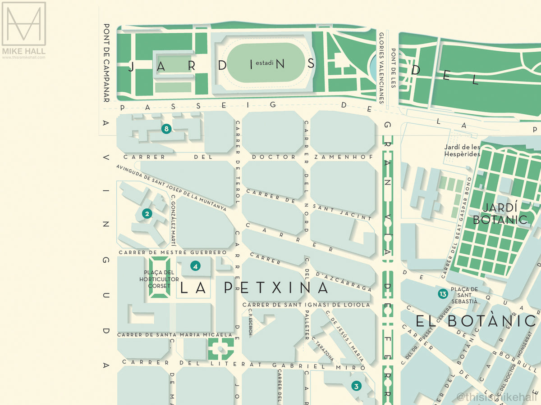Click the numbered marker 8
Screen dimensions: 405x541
(x=166, y=129)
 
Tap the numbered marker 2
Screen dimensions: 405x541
(x=147, y=214)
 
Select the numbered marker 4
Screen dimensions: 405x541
(x=195, y=266)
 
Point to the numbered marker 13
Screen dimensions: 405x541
(x=443, y=294)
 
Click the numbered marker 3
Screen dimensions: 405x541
(x=356, y=386)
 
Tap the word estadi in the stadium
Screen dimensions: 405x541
(x=265, y=63)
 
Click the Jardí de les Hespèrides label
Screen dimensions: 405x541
(x=462, y=150)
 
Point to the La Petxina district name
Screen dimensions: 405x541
(x=255, y=288)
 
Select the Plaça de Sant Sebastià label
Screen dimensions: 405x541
(x=464, y=295)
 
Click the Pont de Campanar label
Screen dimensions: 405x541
(x=107, y=63)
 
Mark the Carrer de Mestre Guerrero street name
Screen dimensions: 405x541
(x=172, y=252)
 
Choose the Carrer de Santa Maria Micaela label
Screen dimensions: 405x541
(x=175, y=335)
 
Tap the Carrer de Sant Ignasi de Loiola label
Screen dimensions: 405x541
(x=306, y=305)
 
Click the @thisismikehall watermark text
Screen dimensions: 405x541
(x=496, y=397)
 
